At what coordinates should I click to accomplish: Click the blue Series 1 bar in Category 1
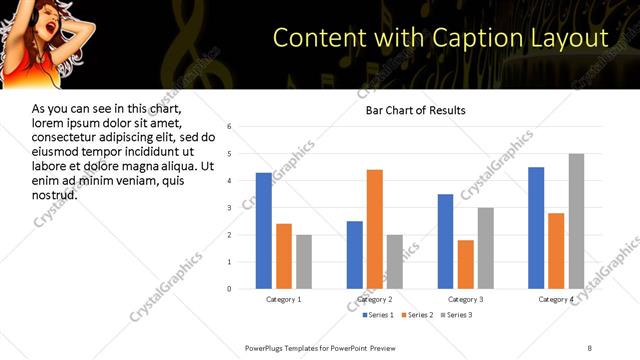point(264,231)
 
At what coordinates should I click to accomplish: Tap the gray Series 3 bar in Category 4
point(577,221)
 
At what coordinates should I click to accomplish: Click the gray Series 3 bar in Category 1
point(304,262)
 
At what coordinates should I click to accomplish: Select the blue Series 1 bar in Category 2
point(355,255)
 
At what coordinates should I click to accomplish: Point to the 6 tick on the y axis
point(229,127)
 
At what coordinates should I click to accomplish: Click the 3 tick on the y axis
point(229,208)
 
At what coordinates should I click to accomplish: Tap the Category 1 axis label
point(284,300)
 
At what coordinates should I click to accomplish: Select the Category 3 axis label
point(466,300)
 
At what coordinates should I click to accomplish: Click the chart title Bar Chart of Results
point(415,110)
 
